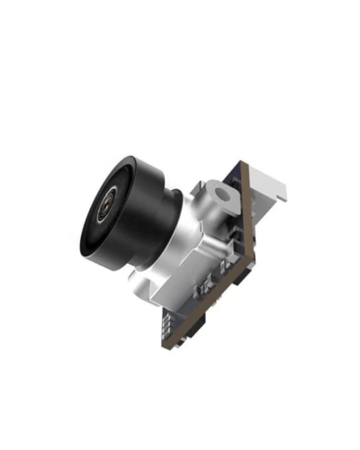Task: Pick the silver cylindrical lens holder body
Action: point(193,243)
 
